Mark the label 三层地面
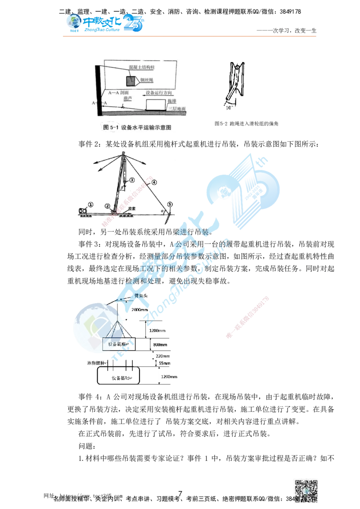click(x=176, y=109)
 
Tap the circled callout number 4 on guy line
click(x=153, y=182)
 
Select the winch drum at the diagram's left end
click(x=82, y=210)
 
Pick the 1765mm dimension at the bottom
click(x=170, y=377)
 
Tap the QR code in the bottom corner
click(x=306, y=488)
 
